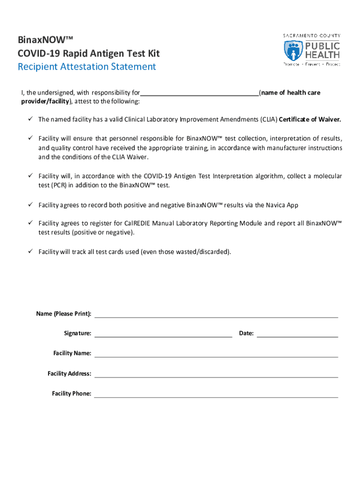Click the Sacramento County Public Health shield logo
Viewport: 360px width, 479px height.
(x=293, y=50)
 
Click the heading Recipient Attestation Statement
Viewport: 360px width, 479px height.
(x=86, y=66)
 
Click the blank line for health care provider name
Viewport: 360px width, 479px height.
(x=200, y=93)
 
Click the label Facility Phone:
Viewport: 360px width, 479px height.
(x=72, y=394)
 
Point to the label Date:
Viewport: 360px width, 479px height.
(x=246, y=334)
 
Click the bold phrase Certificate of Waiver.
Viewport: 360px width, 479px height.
(x=310, y=120)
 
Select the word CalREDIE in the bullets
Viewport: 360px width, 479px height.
(x=137, y=224)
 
